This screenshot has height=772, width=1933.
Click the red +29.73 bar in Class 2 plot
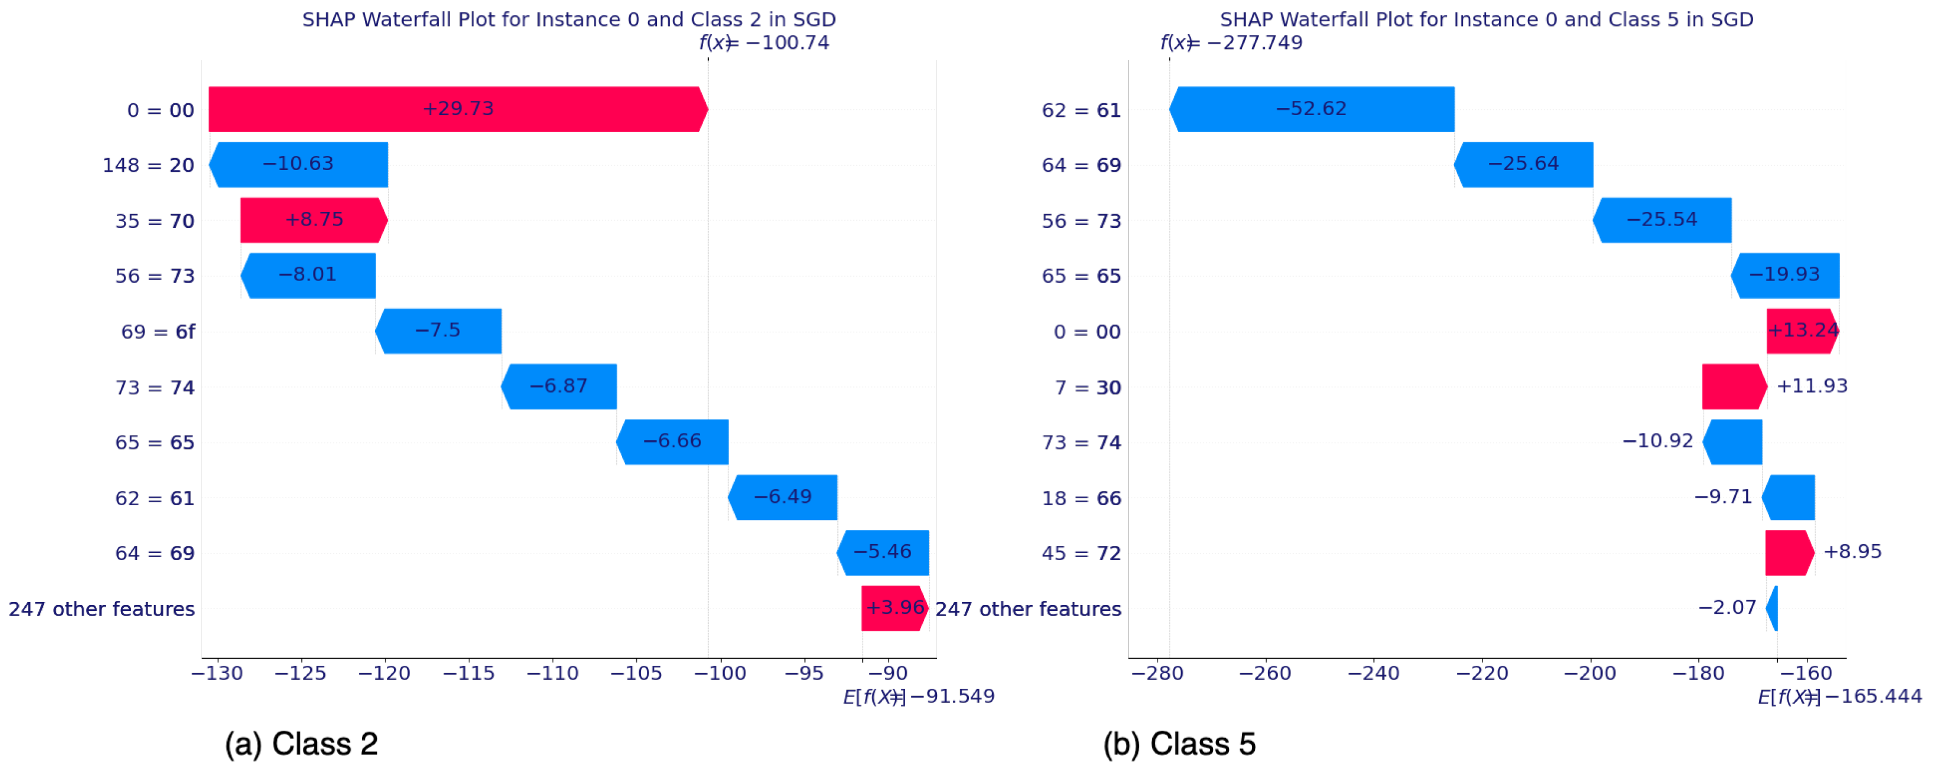coord(457,110)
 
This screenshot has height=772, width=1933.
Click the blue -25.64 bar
coord(1523,165)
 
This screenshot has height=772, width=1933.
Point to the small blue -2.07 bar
coord(1773,609)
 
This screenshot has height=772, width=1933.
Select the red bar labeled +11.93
coord(1734,387)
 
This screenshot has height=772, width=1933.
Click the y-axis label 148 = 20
coord(149,165)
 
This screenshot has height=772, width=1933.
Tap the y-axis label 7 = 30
coord(1088,388)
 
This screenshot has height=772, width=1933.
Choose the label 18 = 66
coord(1081,498)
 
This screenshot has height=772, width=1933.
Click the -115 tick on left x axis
coord(469,673)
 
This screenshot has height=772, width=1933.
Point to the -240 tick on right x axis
coord(1373,673)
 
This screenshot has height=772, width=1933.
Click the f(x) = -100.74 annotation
coord(764,43)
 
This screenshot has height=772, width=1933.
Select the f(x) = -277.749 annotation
coord(1231,43)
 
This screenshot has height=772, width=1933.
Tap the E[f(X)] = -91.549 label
coord(919,696)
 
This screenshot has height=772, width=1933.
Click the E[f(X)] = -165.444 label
coord(1839,696)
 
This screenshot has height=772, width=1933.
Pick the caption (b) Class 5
coord(1179,744)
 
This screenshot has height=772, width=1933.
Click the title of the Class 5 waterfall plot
coord(1486,19)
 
